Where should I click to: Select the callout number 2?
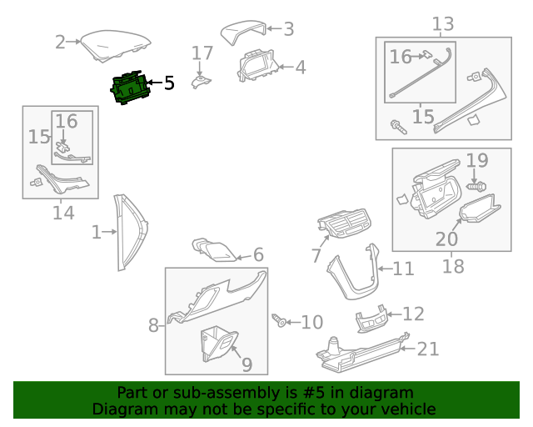click(60, 42)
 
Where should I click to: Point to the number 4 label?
click(299, 67)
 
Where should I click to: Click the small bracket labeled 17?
click(201, 81)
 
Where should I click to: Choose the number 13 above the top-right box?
click(442, 24)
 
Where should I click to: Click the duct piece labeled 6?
click(215, 248)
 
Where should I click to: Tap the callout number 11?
click(403, 269)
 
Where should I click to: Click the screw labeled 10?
click(280, 320)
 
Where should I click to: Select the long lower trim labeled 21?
click(358, 354)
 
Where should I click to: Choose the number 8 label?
click(153, 324)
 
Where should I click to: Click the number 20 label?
click(446, 239)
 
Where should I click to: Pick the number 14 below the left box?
click(63, 213)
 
